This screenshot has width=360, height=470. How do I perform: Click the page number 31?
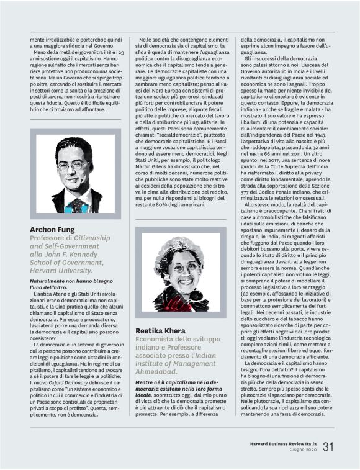point(328,446)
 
